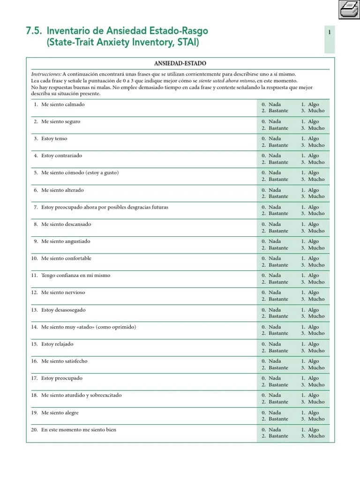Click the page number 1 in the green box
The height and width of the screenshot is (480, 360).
(x=330, y=32)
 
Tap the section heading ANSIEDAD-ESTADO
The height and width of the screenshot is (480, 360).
(x=180, y=63)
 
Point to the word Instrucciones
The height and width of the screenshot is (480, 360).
(x=46, y=74)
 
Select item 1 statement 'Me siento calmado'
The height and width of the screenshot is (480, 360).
(x=63, y=105)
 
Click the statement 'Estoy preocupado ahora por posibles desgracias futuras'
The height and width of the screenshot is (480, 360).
(x=105, y=207)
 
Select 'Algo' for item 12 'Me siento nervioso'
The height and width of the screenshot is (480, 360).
(x=313, y=292)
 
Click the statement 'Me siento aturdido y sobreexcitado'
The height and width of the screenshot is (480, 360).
(x=81, y=395)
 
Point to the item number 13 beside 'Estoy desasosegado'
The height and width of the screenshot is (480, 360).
(x=34, y=310)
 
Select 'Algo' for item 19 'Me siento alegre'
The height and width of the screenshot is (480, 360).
(x=313, y=412)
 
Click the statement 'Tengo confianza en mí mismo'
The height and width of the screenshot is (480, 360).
(x=75, y=276)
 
